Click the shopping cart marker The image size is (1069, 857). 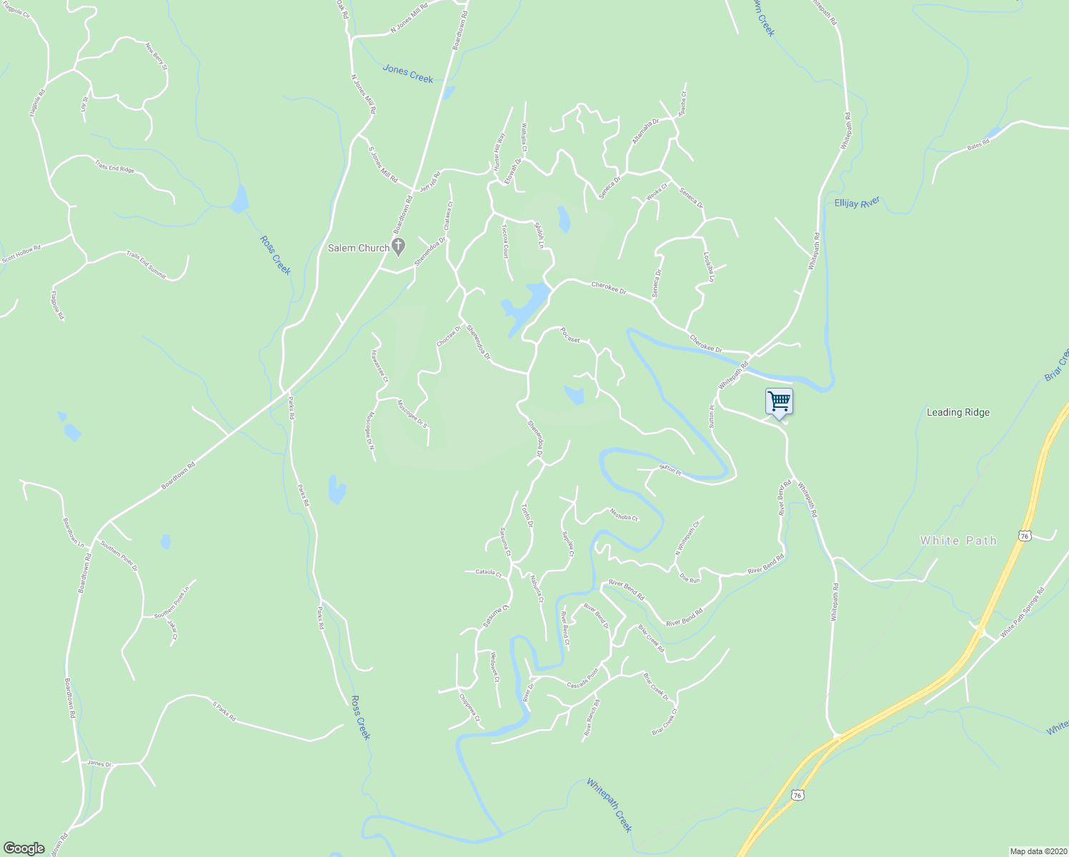tap(778, 401)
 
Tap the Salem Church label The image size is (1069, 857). tap(359, 248)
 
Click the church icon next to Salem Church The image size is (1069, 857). tap(399, 247)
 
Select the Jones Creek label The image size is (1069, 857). tap(408, 73)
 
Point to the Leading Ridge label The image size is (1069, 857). tap(958, 412)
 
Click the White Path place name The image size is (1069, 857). tap(958, 541)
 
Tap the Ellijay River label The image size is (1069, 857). tap(857, 203)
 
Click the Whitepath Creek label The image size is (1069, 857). tap(610, 805)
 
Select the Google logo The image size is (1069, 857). tap(24, 848)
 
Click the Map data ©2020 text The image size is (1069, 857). tap(1037, 851)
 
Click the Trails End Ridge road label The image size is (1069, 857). tap(114, 166)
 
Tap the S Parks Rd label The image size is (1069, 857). tap(224, 711)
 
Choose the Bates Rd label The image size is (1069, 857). tap(978, 144)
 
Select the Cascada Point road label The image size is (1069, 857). tap(582, 679)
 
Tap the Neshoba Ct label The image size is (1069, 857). tap(623, 514)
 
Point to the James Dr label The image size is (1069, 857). tap(99, 763)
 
